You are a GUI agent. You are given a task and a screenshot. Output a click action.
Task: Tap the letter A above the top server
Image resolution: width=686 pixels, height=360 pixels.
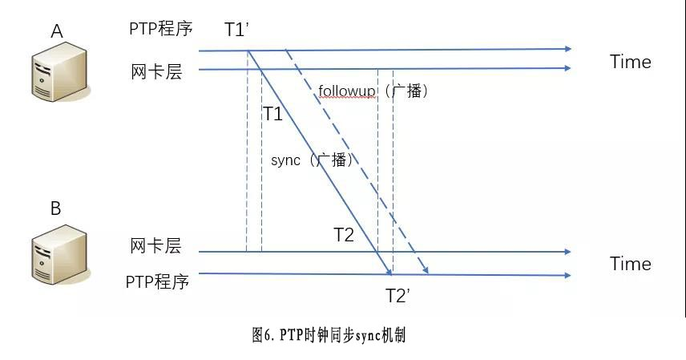(56, 31)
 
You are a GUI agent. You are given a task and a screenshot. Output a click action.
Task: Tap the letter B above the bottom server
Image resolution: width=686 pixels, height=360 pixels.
(55, 209)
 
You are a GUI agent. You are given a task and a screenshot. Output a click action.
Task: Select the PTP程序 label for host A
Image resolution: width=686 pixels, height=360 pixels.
(160, 29)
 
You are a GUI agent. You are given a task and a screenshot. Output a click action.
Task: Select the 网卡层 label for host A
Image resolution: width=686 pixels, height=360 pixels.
(156, 71)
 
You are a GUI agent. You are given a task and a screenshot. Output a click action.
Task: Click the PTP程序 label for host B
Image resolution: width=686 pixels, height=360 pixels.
(157, 282)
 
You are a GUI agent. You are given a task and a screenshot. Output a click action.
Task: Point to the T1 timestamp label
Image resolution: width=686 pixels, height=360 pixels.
(272, 114)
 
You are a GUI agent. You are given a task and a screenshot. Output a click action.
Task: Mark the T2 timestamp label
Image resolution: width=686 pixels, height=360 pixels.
(343, 235)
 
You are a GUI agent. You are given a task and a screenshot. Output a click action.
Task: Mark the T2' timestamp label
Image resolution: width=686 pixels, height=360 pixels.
(397, 295)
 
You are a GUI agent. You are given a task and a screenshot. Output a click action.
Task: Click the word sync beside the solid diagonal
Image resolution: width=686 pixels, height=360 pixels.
(285, 160)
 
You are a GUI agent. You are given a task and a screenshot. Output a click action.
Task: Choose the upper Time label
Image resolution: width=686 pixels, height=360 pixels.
(630, 62)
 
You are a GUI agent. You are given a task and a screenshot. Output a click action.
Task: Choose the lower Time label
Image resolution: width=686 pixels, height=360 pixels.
(630, 264)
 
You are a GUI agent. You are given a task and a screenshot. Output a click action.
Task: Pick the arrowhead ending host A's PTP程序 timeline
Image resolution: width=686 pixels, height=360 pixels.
(567, 49)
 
